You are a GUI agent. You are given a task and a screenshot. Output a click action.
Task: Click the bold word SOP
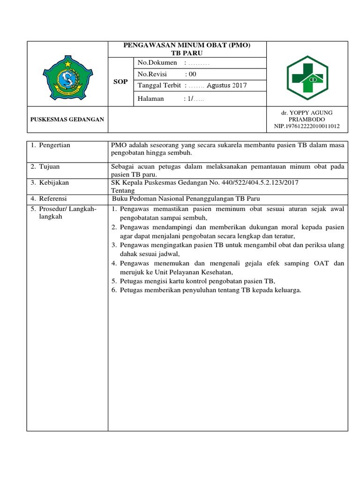121,82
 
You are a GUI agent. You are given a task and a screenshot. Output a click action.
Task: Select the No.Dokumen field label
157,63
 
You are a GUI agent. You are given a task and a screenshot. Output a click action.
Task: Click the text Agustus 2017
227,85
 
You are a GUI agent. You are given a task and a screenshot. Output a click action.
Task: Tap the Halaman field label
150,98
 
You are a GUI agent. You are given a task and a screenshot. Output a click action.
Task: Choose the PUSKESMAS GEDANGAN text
67,120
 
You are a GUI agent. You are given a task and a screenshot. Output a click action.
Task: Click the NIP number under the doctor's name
307,126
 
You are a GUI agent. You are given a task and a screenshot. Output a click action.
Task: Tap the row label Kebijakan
52,182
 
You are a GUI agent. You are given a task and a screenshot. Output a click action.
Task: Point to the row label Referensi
52,199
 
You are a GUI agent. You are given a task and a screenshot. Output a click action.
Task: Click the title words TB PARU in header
187,53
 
